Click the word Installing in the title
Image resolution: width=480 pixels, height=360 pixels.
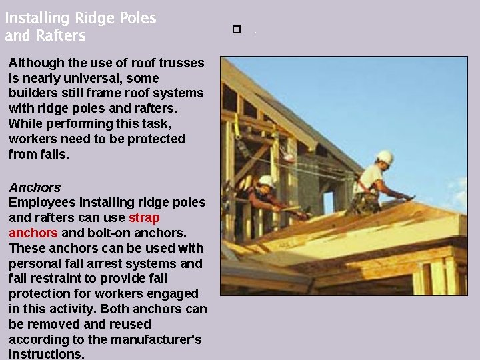pyautogui.click(x=33, y=19)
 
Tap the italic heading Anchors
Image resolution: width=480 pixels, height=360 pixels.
pyautogui.click(x=35, y=187)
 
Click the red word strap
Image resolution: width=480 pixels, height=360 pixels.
pyautogui.click(x=144, y=217)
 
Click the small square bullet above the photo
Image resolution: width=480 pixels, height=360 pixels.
pyautogui.click(x=236, y=30)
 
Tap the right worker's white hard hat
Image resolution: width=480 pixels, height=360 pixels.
pyautogui.click(x=385, y=157)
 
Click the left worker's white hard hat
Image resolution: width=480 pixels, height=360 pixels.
pyautogui.click(x=267, y=181)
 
